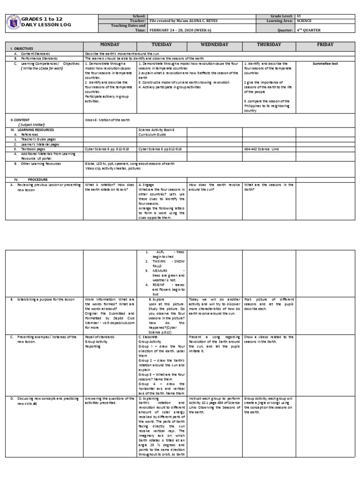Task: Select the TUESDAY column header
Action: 162,45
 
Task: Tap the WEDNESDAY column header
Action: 214,45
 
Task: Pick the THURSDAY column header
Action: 269,45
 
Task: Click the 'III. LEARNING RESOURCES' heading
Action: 29,129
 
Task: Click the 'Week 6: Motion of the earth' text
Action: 106,120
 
